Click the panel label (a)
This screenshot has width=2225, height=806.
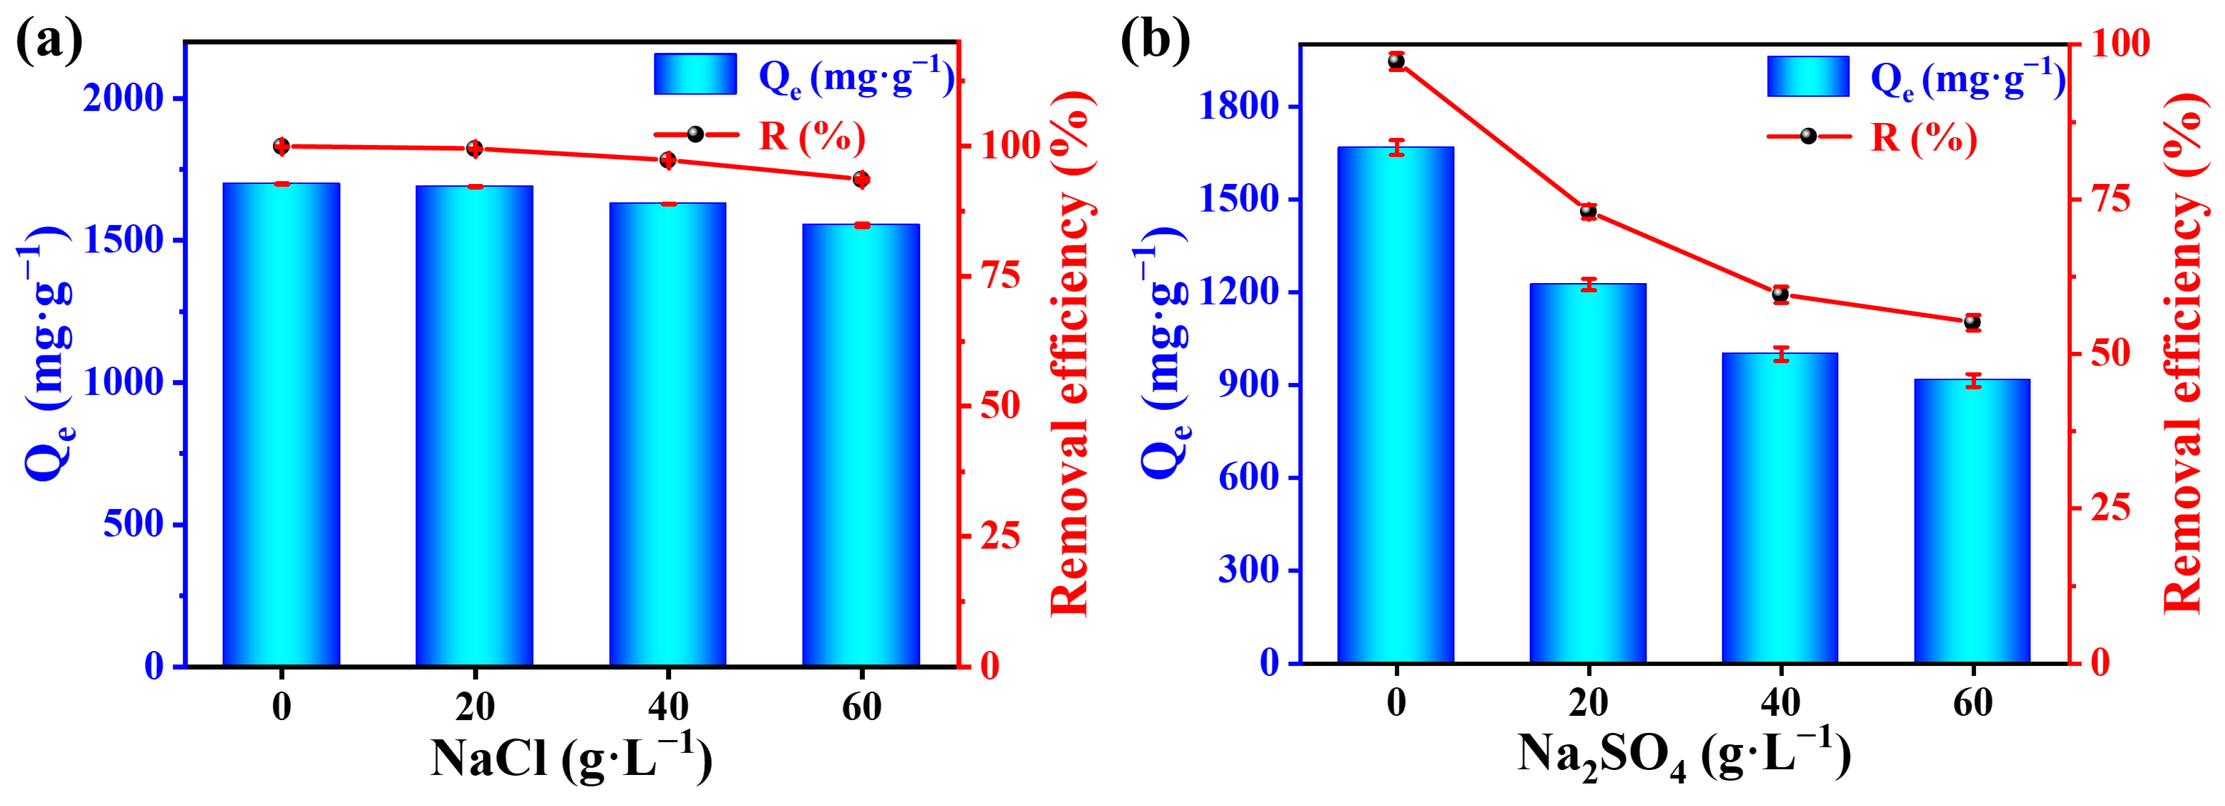(49, 40)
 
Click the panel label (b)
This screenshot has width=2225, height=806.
(1155, 40)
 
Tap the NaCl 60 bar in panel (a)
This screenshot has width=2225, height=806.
(860, 445)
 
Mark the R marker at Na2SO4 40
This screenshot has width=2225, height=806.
(1780, 294)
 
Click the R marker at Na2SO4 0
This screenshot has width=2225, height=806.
(1396, 60)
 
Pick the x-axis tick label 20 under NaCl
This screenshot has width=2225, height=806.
(474, 707)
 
